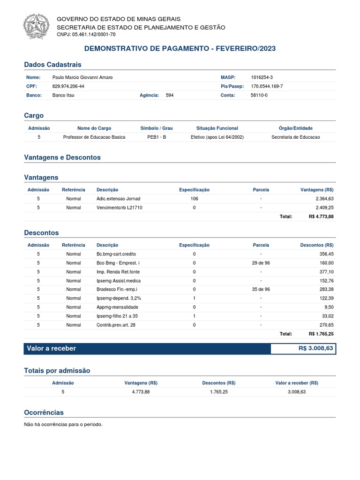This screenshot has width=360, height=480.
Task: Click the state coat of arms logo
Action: [x=36, y=26]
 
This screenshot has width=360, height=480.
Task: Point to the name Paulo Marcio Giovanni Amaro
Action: [x=82, y=77]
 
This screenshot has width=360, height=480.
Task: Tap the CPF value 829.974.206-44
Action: [x=68, y=86]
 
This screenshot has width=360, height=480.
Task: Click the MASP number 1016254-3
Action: [x=262, y=77]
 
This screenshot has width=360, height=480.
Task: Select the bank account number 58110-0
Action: [x=260, y=95]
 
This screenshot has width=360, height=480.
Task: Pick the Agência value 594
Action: [x=170, y=95]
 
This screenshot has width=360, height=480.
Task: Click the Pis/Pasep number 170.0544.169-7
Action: [x=267, y=86]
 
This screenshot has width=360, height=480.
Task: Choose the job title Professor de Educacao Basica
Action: [x=94, y=137]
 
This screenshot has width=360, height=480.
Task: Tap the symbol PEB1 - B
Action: [x=157, y=137]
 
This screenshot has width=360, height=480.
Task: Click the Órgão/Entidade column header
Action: [x=295, y=128]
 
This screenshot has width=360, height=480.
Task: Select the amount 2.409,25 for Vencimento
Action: [x=324, y=208]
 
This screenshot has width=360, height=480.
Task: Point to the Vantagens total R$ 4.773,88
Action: [x=321, y=217]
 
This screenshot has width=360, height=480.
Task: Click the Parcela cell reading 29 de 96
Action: [x=261, y=263]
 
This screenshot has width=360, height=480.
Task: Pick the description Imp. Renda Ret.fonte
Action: [x=118, y=272]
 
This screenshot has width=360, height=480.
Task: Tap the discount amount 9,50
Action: [x=329, y=307]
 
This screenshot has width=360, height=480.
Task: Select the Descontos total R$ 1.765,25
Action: [x=321, y=334]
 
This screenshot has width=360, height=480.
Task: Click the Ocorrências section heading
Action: [x=44, y=412]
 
